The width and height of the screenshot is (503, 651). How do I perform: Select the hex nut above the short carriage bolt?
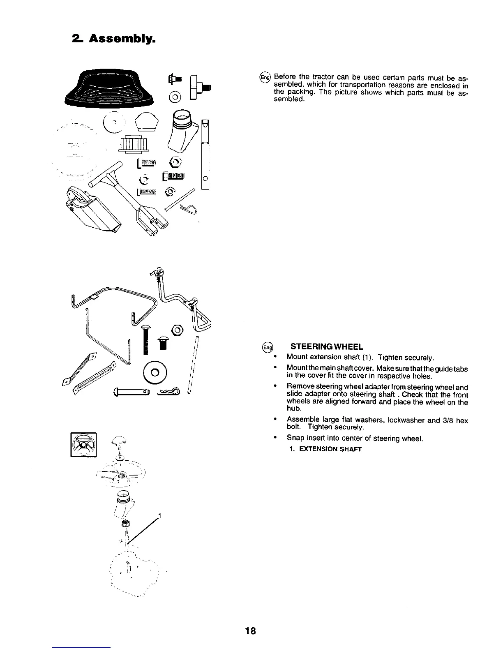[178, 330]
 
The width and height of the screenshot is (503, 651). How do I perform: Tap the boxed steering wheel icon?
[84, 444]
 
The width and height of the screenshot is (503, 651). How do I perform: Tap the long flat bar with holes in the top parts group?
[205, 154]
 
